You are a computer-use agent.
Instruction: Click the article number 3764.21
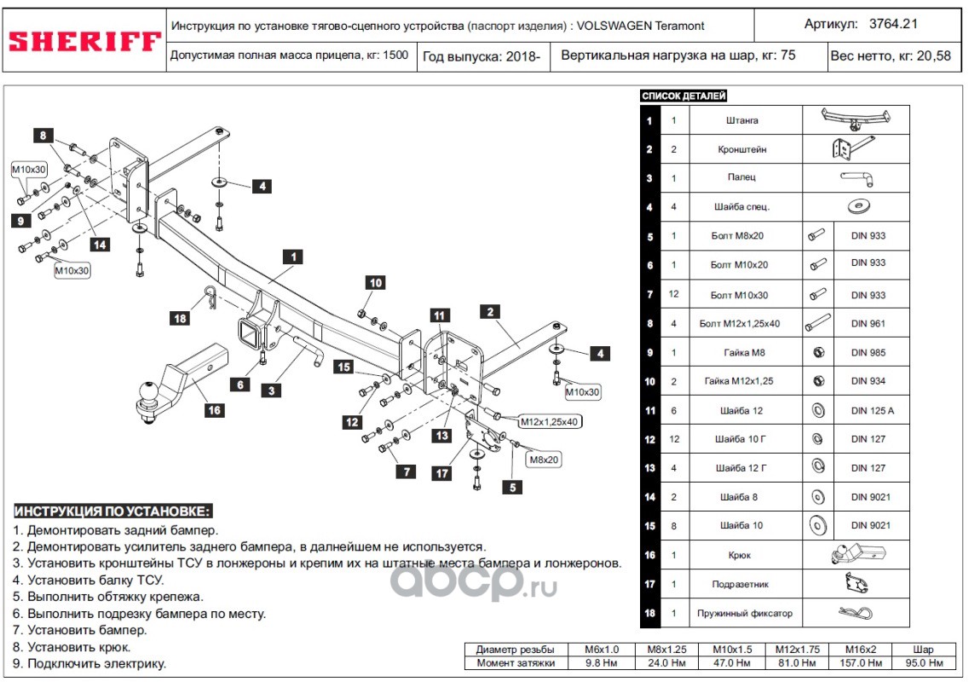pyautogui.click(x=892, y=25)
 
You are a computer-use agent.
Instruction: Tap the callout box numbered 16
pyautogui.click(x=214, y=411)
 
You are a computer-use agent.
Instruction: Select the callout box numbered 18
pyautogui.click(x=180, y=319)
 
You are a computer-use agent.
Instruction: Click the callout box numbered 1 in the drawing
pyautogui.click(x=292, y=256)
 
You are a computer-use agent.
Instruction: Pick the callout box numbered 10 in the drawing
pyautogui.click(x=376, y=283)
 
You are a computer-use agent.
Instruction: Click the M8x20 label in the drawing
pyautogui.click(x=543, y=459)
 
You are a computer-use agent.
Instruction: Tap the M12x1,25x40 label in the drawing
pyautogui.click(x=549, y=421)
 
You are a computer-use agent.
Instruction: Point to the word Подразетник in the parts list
pyautogui.click(x=745, y=584)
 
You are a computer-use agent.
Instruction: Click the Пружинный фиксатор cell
pyautogui.click(x=745, y=613)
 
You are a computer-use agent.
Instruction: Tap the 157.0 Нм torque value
pyautogui.click(x=860, y=662)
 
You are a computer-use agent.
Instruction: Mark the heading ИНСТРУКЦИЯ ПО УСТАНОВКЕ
pyautogui.click(x=112, y=511)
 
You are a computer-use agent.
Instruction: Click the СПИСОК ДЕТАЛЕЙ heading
pyautogui.click(x=683, y=96)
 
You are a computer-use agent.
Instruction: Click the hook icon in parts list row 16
pyautogui.click(x=856, y=555)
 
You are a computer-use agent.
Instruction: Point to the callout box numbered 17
pyautogui.click(x=441, y=474)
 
